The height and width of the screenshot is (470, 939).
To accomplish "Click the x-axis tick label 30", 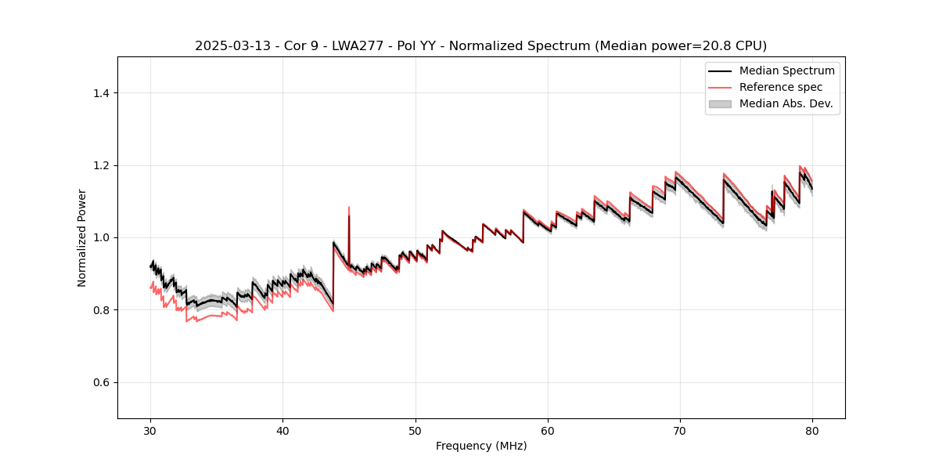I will (x=150, y=431).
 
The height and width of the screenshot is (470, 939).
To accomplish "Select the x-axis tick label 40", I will (x=282, y=431).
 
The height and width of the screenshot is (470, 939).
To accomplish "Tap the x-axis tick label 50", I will (x=415, y=431).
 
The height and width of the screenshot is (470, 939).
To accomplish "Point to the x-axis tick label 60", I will (x=548, y=431).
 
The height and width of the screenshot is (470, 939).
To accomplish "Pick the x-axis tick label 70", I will (x=680, y=431).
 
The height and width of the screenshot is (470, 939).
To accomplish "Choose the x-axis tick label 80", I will (x=812, y=431).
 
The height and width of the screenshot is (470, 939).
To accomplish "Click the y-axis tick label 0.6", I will (x=101, y=382).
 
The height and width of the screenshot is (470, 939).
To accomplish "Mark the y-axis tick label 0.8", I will (x=101, y=310).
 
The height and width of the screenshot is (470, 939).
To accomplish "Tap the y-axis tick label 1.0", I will (x=101, y=237).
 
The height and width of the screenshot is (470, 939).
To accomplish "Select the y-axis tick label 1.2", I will (x=101, y=165).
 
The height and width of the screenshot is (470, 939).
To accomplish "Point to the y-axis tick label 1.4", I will (x=101, y=93).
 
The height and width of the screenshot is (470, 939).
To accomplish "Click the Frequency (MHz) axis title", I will (x=481, y=446).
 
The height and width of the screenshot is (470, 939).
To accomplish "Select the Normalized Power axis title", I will (x=82, y=237).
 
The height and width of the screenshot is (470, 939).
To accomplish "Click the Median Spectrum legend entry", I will (x=786, y=70).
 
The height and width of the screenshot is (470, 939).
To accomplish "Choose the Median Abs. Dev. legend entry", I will (x=786, y=103).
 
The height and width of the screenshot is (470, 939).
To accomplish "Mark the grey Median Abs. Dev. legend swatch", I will (x=720, y=103).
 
